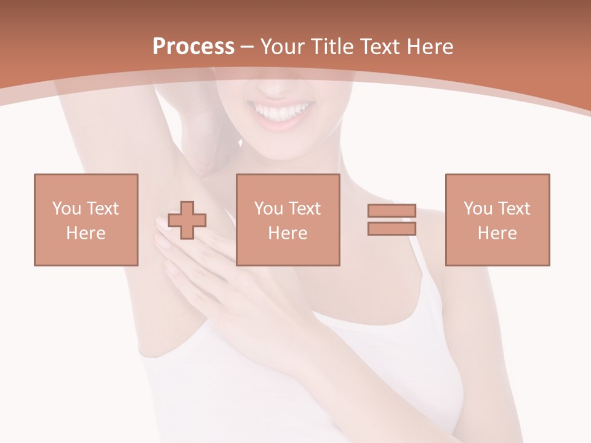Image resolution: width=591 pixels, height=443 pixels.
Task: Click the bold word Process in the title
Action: [193, 47]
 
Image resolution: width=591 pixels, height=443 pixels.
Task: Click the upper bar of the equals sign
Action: [392, 211]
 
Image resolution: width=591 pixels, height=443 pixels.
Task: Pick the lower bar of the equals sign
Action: [392, 228]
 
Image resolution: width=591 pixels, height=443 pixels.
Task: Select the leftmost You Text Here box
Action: [86, 220]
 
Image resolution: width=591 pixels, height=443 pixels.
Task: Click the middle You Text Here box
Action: [287, 220]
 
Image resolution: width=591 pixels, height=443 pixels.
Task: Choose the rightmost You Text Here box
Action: [497, 220]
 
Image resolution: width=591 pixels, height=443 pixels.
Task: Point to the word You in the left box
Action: [66, 209]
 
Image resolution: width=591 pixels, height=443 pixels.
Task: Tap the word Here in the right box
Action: [497, 233]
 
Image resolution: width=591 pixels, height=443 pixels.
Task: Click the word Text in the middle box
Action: [305, 209]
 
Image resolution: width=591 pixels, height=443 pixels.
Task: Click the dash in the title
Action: [247, 47]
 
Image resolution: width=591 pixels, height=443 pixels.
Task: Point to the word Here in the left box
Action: [86, 233]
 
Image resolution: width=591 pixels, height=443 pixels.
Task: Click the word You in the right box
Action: [477, 209]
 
